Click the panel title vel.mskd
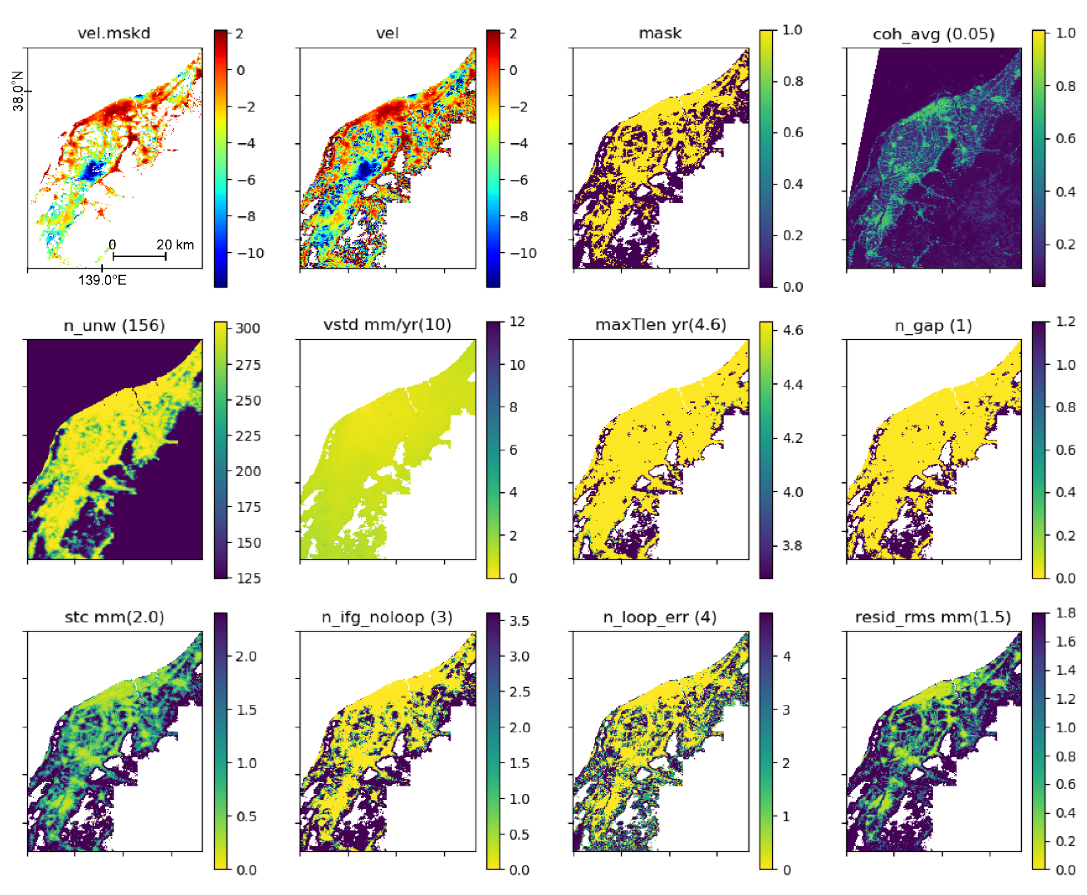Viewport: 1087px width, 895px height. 114,33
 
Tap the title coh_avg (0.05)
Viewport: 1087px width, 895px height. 933,34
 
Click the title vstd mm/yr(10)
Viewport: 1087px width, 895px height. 387,325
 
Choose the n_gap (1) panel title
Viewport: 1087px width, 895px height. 933,326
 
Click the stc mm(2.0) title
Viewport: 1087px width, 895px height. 114,617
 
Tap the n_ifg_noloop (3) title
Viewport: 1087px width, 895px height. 387,617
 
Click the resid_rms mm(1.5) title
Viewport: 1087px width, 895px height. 933,617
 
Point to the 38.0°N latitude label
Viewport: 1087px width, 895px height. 18,91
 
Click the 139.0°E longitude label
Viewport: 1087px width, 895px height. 102,280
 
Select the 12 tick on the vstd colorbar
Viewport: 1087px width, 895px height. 517,322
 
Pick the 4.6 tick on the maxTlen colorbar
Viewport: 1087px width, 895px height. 792,330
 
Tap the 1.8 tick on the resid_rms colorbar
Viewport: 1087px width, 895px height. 1065,613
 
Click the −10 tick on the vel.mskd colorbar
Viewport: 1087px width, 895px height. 250,253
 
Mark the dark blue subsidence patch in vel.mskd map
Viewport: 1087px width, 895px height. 93,169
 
